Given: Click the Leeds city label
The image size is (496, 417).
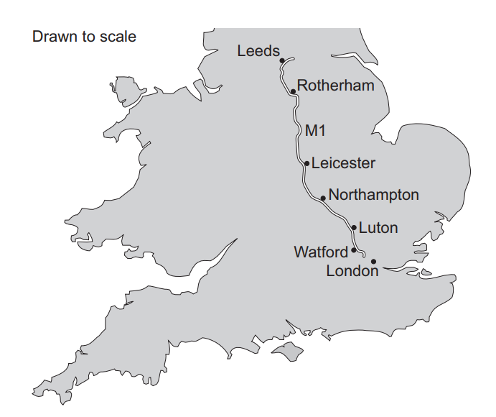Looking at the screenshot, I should pyautogui.click(x=258, y=50).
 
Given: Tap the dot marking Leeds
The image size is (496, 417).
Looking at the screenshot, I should pyautogui.click(x=282, y=60).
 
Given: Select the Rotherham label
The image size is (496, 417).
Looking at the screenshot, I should pyautogui.click(x=336, y=86).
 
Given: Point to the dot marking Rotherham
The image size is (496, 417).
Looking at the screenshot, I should pyautogui.click(x=293, y=92).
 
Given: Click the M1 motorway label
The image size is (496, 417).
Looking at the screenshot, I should pyautogui.click(x=316, y=131).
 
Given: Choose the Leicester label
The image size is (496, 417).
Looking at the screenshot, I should pyautogui.click(x=343, y=163).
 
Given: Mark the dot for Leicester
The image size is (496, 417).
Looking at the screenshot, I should pyautogui.click(x=307, y=163).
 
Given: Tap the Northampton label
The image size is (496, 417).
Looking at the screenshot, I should pyautogui.click(x=373, y=195).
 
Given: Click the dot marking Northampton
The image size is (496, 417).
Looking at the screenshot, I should pyautogui.click(x=323, y=197).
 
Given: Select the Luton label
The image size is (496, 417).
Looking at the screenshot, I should pyautogui.click(x=378, y=228).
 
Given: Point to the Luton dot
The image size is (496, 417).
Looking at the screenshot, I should pyautogui.click(x=354, y=227).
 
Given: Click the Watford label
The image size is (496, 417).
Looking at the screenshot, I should pyautogui.click(x=321, y=252).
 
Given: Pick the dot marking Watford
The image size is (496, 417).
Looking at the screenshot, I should pyautogui.click(x=353, y=250).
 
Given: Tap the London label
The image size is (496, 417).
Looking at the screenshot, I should pyautogui.click(x=352, y=271).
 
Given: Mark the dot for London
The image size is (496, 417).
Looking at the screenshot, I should pyautogui.click(x=373, y=261).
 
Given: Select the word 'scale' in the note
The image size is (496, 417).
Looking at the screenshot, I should pyautogui.click(x=118, y=36).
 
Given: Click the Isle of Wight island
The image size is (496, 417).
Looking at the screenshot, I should pyautogui.click(x=286, y=352).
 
